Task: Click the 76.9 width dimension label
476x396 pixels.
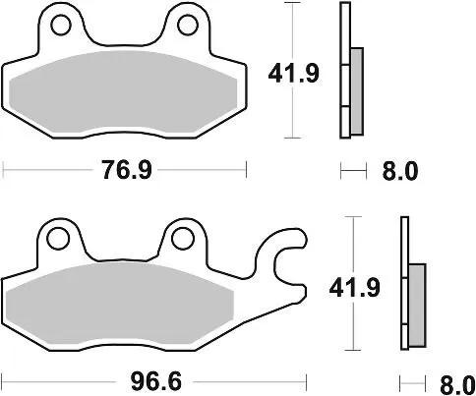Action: coord(124,170)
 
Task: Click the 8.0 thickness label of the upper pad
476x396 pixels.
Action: coord(400,171)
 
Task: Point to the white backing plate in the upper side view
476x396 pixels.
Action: coord(344,69)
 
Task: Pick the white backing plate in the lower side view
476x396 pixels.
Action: coord(403,285)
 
